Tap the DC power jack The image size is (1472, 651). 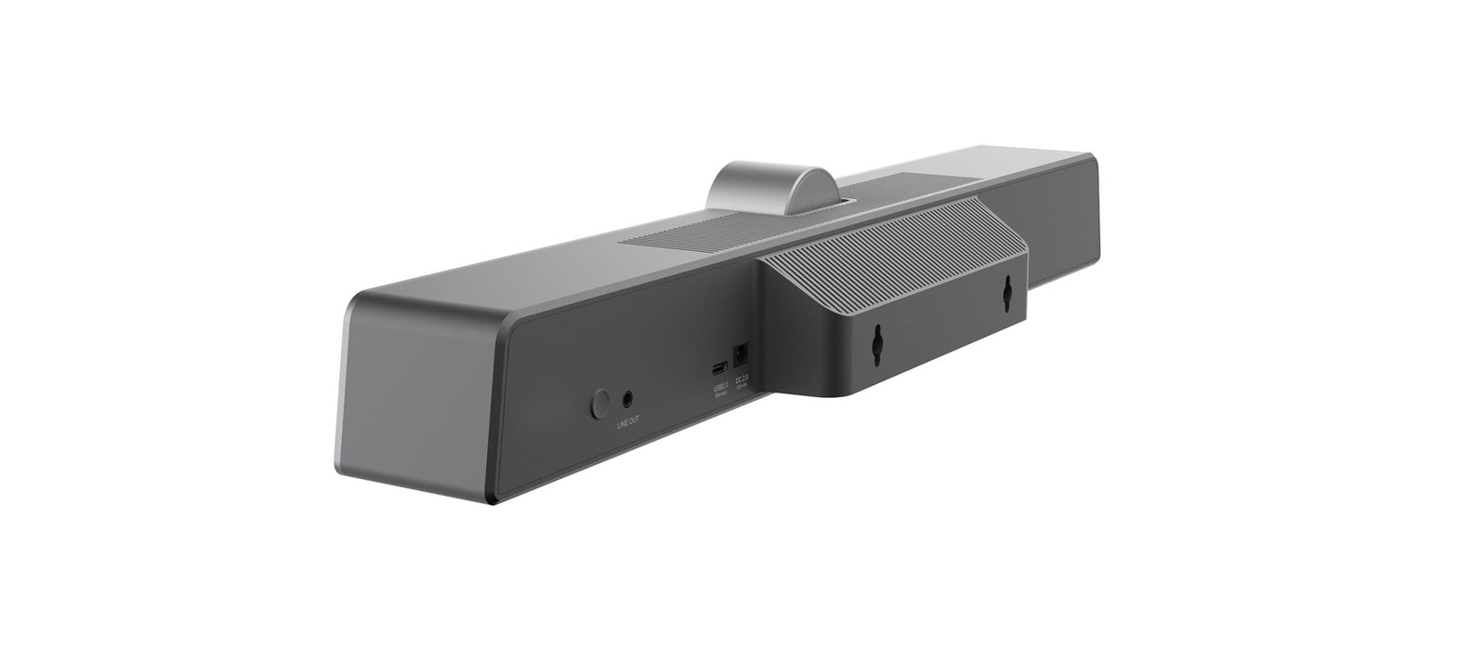(742, 355)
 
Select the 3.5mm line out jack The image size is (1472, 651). (630, 399)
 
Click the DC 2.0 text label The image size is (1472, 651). (742, 379)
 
